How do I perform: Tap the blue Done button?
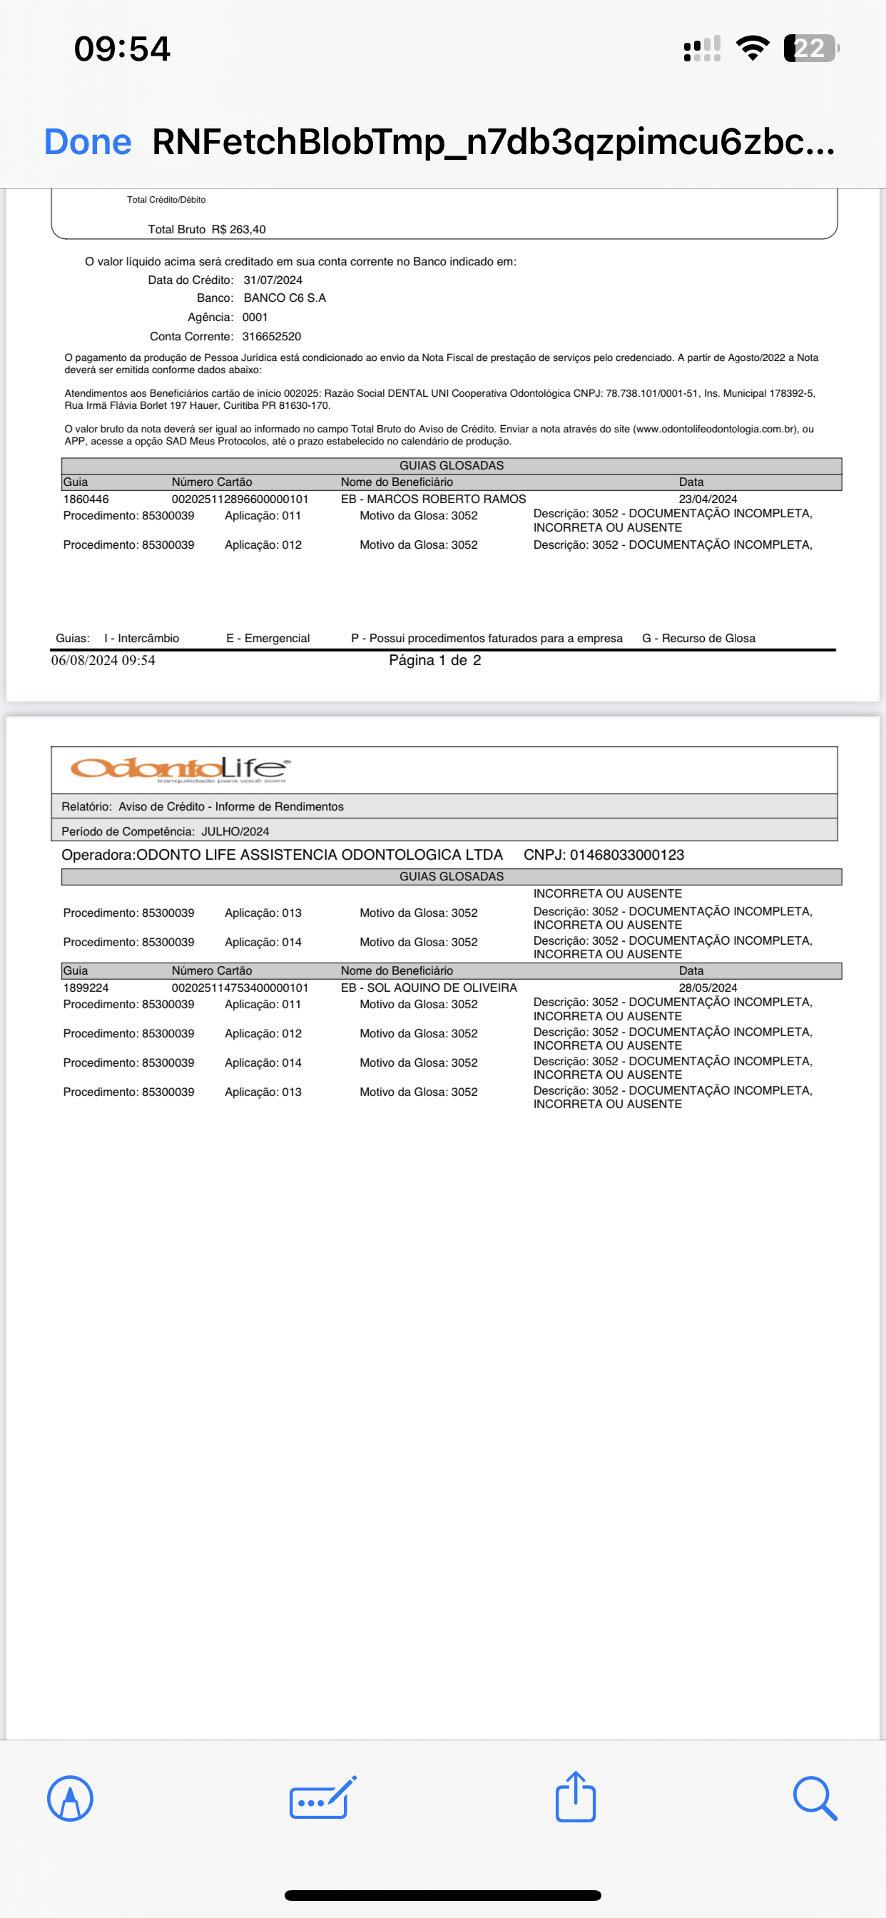[x=88, y=141]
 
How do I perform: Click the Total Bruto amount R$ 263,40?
[x=238, y=229]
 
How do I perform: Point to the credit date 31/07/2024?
[x=273, y=280]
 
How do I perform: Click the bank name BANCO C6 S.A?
[x=285, y=298]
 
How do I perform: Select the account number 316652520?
[x=271, y=337]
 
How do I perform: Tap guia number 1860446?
[x=86, y=499]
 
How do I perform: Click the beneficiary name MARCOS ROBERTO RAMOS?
[x=446, y=499]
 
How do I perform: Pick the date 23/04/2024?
[x=708, y=499]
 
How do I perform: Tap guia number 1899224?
[x=86, y=988]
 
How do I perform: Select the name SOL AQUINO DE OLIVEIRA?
[x=442, y=988]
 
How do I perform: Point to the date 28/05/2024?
[x=708, y=988]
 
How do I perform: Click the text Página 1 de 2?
[x=435, y=661]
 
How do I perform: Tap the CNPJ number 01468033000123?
[x=626, y=855]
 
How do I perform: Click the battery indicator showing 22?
[x=810, y=49]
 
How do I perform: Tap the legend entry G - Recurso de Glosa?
[x=698, y=638]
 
